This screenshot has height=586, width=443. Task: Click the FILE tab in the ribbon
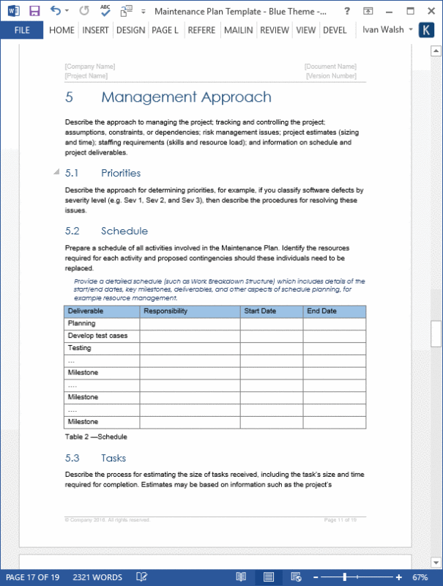click(x=22, y=30)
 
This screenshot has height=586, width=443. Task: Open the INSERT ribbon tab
click(x=96, y=30)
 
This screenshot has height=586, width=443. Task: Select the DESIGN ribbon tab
click(x=130, y=30)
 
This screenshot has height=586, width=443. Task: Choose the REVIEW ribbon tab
click(x=275, y=30)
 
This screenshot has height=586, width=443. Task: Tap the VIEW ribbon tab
click(x=306, y=30)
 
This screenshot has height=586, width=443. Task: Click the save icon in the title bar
click(x=34, y=11)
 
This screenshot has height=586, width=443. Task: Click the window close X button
click(x=431, y=11)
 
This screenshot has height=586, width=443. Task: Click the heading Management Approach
click(x=186, y=97)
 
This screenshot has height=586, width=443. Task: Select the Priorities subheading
click(x=121, y=173)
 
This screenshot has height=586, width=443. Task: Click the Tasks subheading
click(x=113, y=458)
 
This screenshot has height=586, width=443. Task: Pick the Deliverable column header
click(x=86, y=311)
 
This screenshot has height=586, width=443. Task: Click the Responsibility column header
click(x=165, y=311)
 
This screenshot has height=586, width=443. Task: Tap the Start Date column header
click(x=260, y=311)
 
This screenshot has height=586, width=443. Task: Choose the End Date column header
click(x=321, y=311)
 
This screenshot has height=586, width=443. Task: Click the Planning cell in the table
click(x=81, y=323)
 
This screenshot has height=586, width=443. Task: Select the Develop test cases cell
click(x=97, y=335)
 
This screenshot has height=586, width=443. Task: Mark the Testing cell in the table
click(x=79, y=348)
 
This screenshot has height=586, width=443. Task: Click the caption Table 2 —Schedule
click(x=96, y=437)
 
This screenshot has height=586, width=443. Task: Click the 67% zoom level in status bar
click(x=420, y=577)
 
